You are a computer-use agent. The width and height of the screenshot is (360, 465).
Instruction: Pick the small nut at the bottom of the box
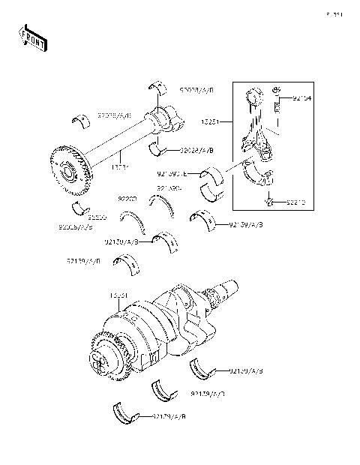[271, 200]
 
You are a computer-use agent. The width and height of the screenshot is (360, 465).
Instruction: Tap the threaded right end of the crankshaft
[224, 290]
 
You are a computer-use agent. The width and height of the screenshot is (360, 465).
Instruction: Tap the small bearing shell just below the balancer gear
[80, 207]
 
